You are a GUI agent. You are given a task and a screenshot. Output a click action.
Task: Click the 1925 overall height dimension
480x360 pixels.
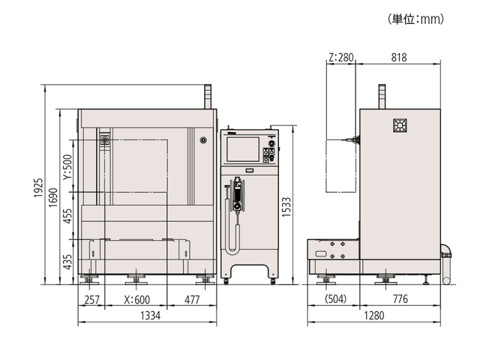point(38,188)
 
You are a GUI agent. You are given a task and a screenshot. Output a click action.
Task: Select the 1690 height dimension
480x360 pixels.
point(53,197)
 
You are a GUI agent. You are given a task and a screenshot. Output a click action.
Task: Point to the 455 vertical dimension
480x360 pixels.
point(67,215)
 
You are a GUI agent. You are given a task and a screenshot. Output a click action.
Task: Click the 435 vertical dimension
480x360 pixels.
point(67,262)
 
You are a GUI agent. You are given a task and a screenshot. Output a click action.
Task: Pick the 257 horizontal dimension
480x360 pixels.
point(92,299)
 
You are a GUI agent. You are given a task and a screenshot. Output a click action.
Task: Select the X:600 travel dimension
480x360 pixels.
point(137,299)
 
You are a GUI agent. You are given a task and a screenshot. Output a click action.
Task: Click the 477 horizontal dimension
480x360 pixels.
point(192,299)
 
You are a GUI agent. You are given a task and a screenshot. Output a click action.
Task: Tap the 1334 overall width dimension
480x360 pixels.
point(150,316)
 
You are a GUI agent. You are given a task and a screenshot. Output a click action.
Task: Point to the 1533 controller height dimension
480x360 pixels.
point(286,207)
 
